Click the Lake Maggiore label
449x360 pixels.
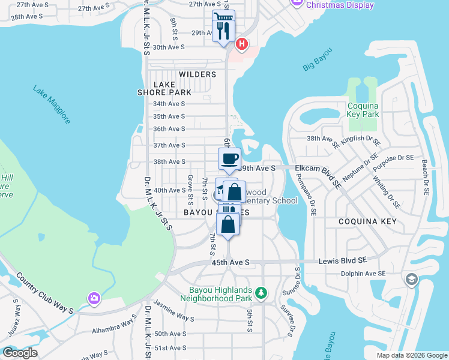click(x=52, y=105)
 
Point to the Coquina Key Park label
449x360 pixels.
click(x=363, y=110)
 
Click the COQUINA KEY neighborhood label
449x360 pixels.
click(x=368, y=221)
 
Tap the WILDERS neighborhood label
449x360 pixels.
click(x=197, y=74)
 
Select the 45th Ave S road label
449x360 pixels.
click(x=230, y=262)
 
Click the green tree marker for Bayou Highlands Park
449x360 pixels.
click(x=261, y=292)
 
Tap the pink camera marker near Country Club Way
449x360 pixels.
click(x=94, y=298)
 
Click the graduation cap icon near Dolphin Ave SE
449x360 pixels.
click(x=411, y=279)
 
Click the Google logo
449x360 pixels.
click(x=19, y=352)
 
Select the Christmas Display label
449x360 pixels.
click(x=339, y=5)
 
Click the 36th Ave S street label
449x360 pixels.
click(x=169, y=129)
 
